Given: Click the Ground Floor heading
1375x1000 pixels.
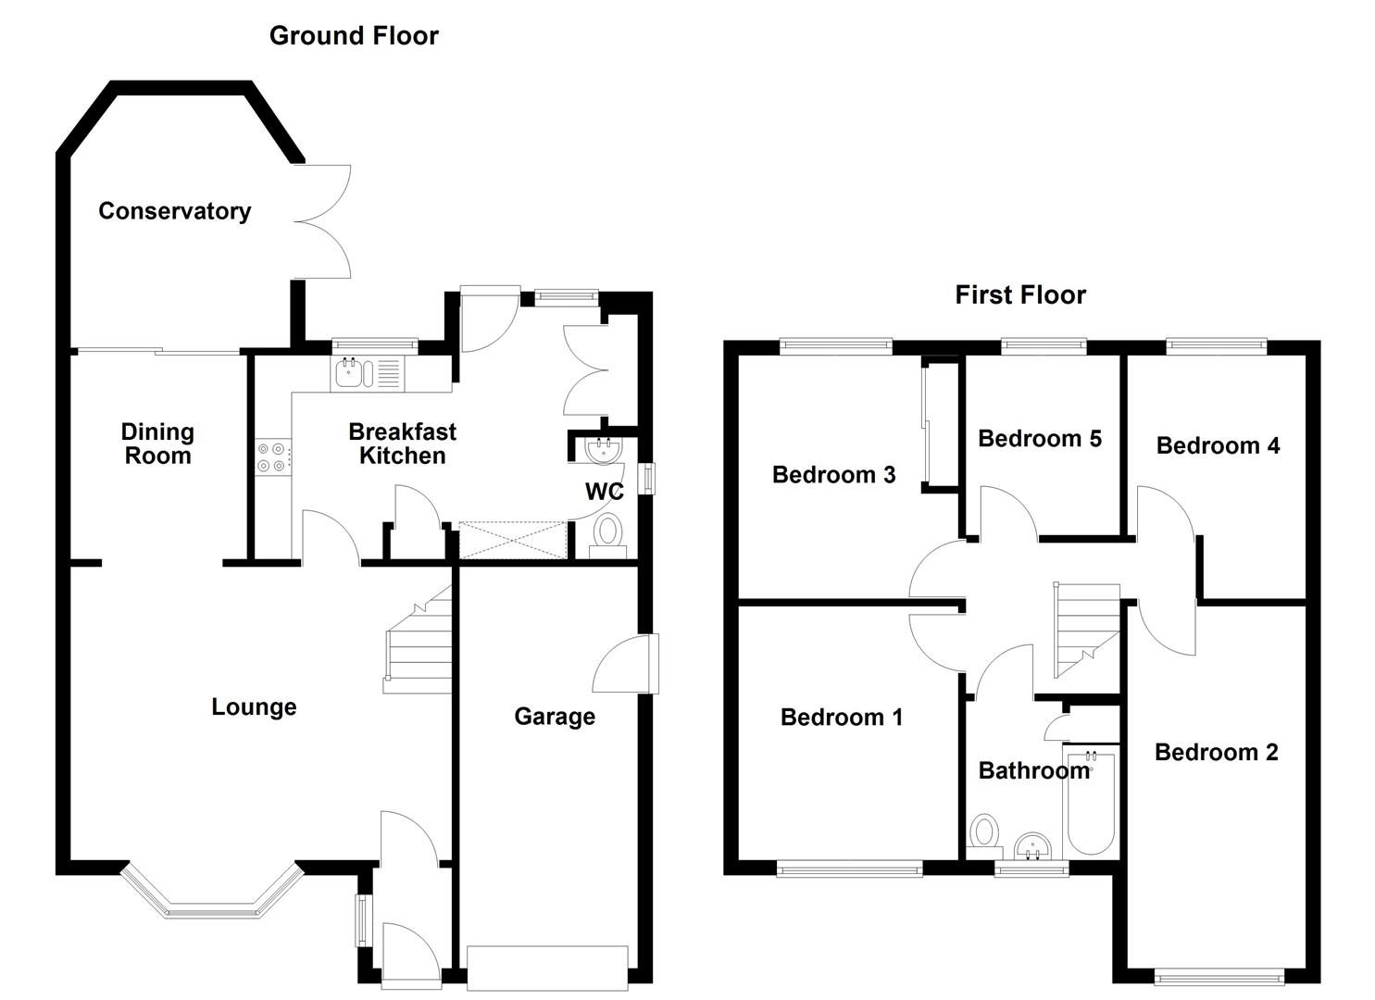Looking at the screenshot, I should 354,36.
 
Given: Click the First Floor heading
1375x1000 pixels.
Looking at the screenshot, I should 1019,295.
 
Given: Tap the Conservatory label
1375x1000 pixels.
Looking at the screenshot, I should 174,211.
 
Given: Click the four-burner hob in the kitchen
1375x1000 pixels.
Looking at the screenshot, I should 272,456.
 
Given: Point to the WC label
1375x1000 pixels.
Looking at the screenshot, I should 604,491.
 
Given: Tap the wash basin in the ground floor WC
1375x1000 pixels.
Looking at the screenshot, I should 604,451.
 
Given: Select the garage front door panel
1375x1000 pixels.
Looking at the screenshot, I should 547,968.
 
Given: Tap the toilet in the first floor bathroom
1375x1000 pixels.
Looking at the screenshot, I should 984,832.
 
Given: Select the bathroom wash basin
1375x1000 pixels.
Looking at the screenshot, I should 1032,845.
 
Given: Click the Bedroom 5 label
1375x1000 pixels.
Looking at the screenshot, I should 1039,438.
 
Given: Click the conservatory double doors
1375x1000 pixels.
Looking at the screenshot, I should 324,222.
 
